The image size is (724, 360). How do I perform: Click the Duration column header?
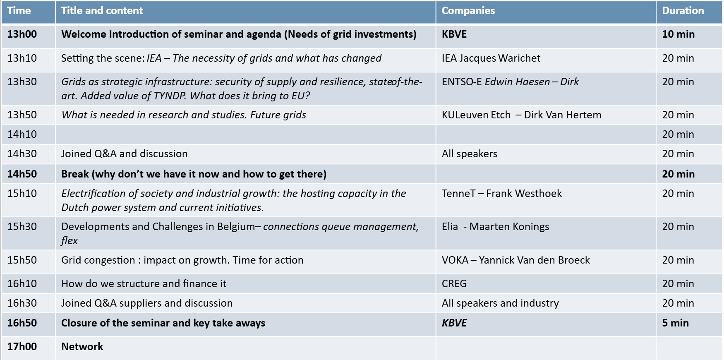click(x=683, y=11)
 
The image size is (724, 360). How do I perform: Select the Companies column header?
click(x=468, y=11)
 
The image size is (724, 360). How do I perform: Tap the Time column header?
click(x=19, y=11)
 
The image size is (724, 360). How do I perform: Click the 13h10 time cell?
click(x=22, y=58)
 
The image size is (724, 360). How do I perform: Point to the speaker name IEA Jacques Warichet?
click(x=491, y=58)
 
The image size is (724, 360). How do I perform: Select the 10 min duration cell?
click(x=678, y=34)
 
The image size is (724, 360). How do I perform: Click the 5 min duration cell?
click(x=675, y=323)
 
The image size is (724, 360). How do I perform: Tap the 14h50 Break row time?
click(x=22, y=174)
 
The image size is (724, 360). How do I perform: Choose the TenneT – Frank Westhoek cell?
click(x=501, y=194)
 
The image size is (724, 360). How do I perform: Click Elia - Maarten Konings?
click(x=495, y=227)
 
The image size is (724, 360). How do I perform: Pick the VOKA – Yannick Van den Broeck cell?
click(x=515, y=260)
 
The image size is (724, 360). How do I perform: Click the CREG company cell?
click(x=454, y=284)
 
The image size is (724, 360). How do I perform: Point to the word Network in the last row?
click(x=82, y=347)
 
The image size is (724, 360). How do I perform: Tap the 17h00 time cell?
click(x=22, y=347)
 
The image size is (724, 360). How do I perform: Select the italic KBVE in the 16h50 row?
click(x=454, y=323)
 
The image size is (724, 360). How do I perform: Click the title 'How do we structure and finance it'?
click(x=144, y=284)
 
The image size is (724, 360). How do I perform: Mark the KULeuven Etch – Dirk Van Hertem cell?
click(x=521, y=115)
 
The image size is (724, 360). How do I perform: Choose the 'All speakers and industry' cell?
click(x=500, y=303)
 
